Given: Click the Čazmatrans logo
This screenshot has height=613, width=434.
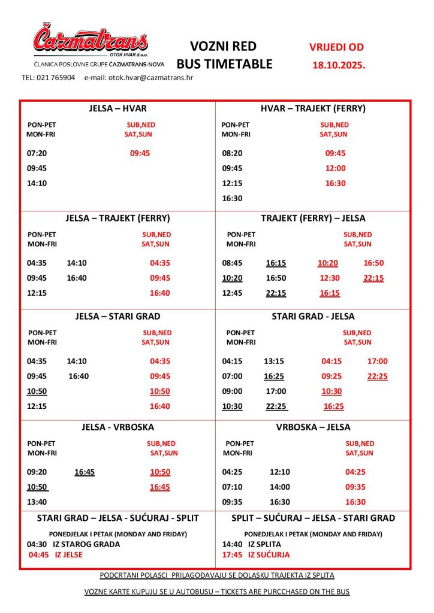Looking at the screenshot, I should [x=90, y=40].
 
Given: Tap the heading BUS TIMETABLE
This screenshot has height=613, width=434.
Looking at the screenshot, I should [x=224, y=64].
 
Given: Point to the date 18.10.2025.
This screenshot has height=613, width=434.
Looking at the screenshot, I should [x=339, y=65].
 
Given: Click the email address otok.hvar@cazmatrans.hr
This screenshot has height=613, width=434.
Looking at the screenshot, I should [x=138, y=78].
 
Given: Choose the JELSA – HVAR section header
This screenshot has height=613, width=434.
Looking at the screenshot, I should [x=117, y=109].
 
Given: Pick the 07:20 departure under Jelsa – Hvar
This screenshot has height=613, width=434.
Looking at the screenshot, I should [x=37, y=153].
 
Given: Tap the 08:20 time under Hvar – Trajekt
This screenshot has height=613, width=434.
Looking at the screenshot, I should [x=231, y=153].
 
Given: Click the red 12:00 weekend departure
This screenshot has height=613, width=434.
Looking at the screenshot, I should [x=335, y=168].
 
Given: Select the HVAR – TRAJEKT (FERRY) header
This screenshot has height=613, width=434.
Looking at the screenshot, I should [x=313, y=109].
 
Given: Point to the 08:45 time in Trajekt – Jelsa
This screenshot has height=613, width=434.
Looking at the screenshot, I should [x=232, y=263].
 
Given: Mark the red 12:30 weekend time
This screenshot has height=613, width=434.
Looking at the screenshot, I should [x=330, y=278].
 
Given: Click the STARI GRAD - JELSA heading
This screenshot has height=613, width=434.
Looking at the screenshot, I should [x=313, y=316].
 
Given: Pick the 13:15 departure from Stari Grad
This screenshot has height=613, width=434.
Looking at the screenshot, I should [x=274, y=361].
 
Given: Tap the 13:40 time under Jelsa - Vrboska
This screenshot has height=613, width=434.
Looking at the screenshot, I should [x=37, y=502].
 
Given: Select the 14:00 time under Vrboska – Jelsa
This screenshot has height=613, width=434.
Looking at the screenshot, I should [x=280, y=487].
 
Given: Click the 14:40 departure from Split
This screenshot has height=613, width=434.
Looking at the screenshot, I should [x=232, y=544].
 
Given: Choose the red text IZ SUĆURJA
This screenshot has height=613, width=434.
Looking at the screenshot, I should [x=269, y=555].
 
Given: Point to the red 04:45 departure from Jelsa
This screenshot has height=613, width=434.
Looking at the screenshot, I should [x=39, y=555].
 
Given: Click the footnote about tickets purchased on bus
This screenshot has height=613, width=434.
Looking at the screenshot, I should [x=217, y=591].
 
